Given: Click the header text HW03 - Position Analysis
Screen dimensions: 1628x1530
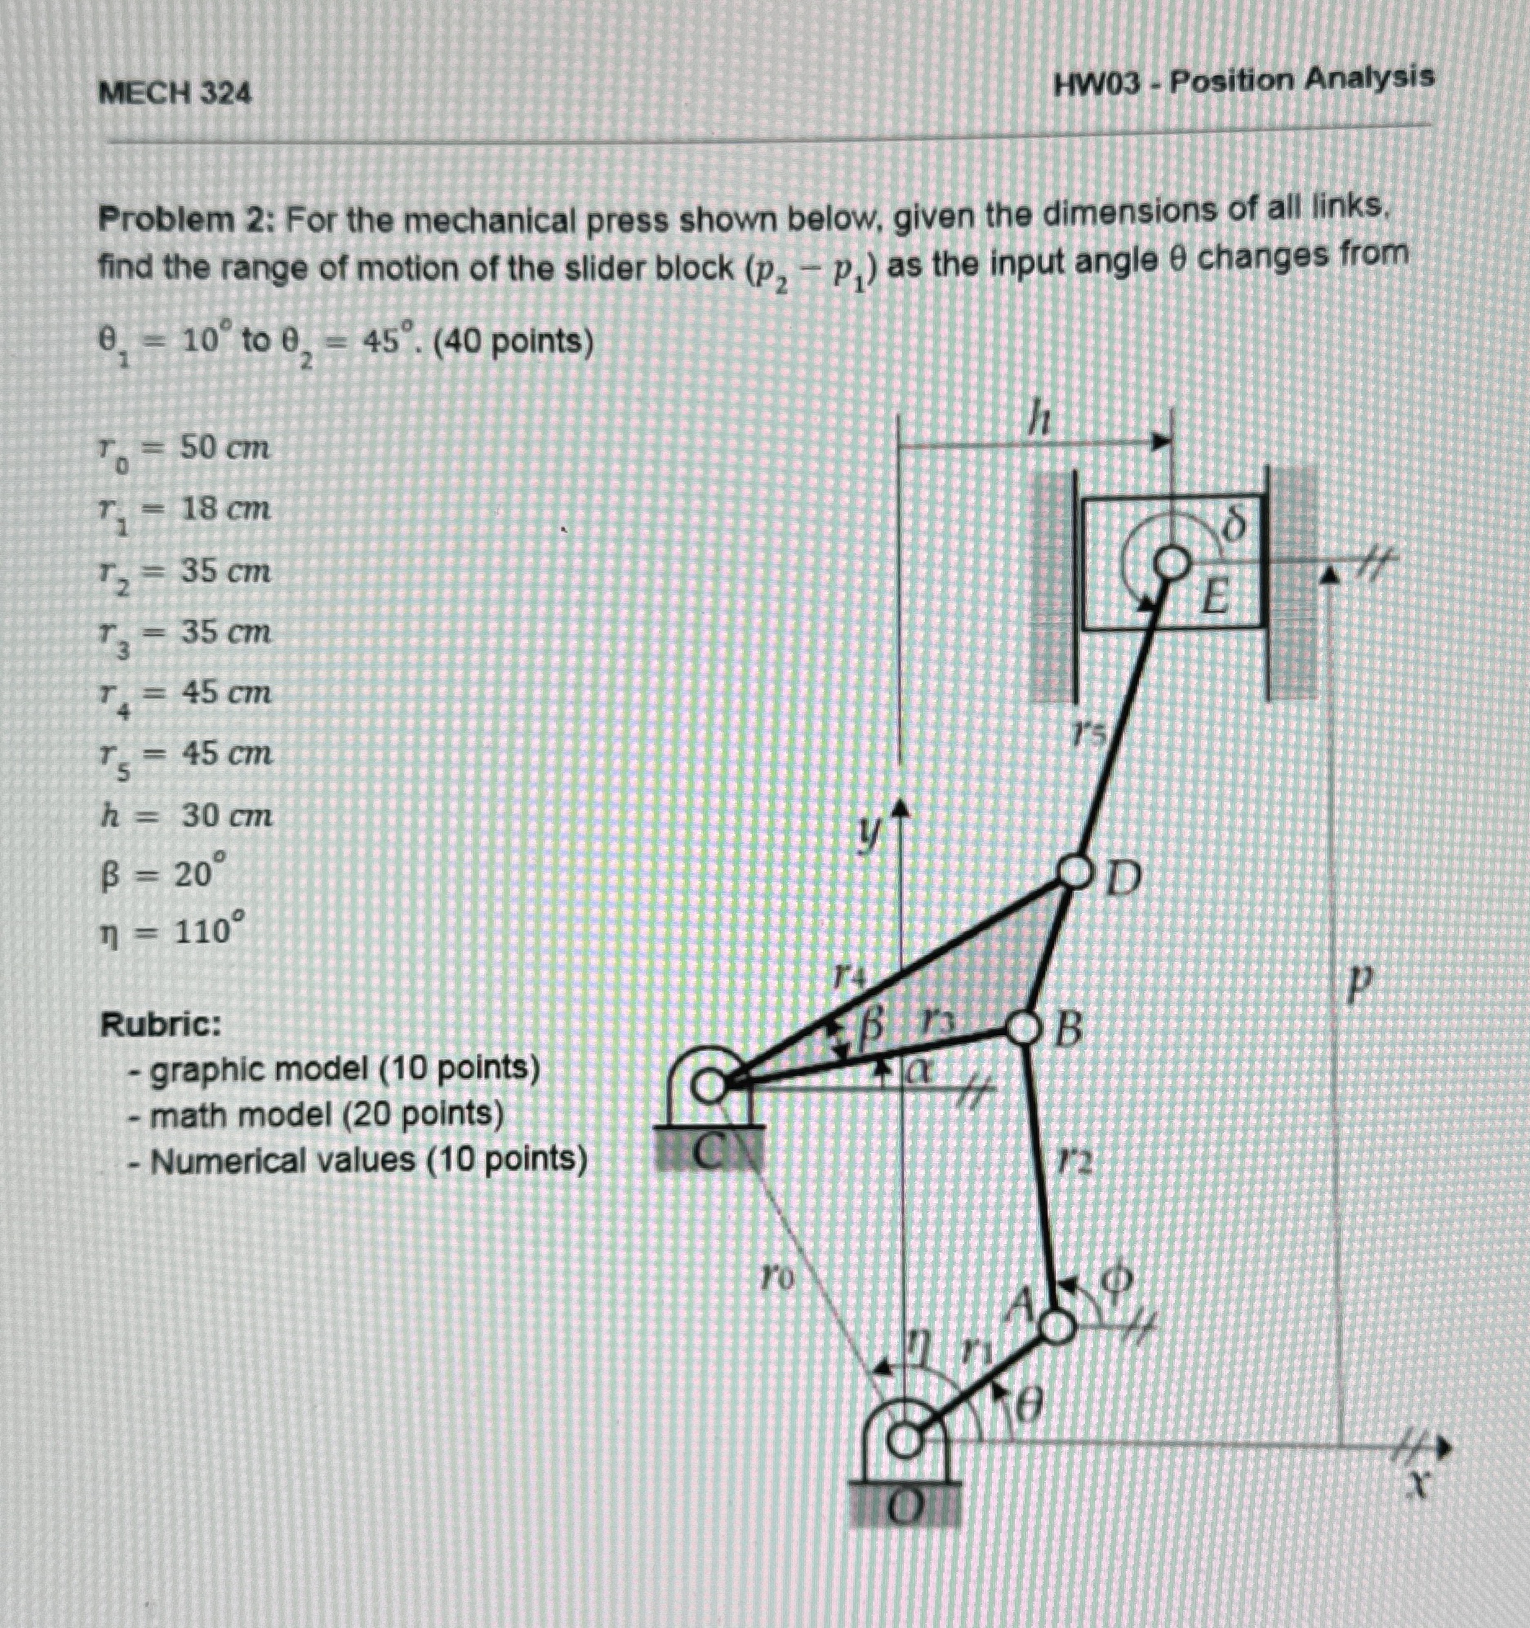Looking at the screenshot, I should click(1243, 80).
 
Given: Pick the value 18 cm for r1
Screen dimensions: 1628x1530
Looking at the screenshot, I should click(225, 509).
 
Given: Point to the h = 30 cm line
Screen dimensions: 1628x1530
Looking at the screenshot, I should click(185, 816).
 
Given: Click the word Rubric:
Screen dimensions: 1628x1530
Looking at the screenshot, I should click(161, 1025).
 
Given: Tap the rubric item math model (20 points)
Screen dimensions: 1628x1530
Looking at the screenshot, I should click(327, 1114).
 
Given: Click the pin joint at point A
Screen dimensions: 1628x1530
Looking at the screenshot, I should click(1056, 1326).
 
